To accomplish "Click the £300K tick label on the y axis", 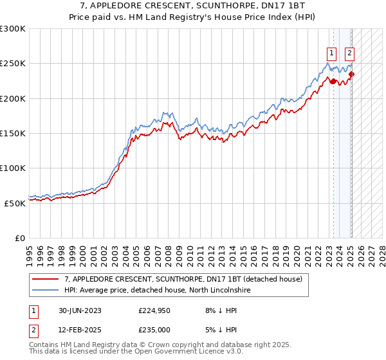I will tap(13, 29).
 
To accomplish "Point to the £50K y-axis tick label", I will tap(15, 203).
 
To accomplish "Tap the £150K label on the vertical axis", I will tap(13, 134).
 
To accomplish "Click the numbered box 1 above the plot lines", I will tap(331, 53).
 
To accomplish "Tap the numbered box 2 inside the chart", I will tap(349, 53).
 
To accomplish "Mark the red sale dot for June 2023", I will tap(333, 81).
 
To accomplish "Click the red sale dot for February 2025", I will tap(351, 74).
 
